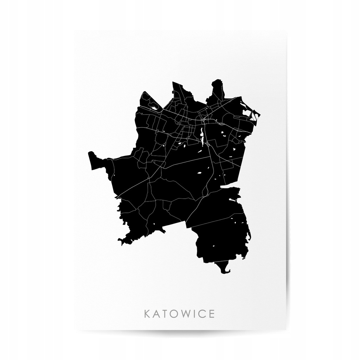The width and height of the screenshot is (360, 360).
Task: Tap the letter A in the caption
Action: pos(157,314)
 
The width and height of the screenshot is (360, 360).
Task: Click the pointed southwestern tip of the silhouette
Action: pos(121,242)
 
